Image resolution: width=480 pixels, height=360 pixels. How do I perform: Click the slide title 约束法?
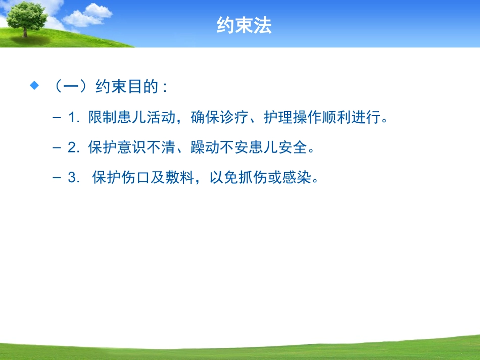pyautogui.click(x=244, y=25)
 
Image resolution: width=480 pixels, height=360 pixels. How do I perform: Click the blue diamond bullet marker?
pyautogui.click(x=34, y=86)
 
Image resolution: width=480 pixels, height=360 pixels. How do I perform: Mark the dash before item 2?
pyautogui.click(x=56, y=148)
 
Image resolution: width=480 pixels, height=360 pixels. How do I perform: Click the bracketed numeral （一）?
pyautogui.click(x=71, y=87)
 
